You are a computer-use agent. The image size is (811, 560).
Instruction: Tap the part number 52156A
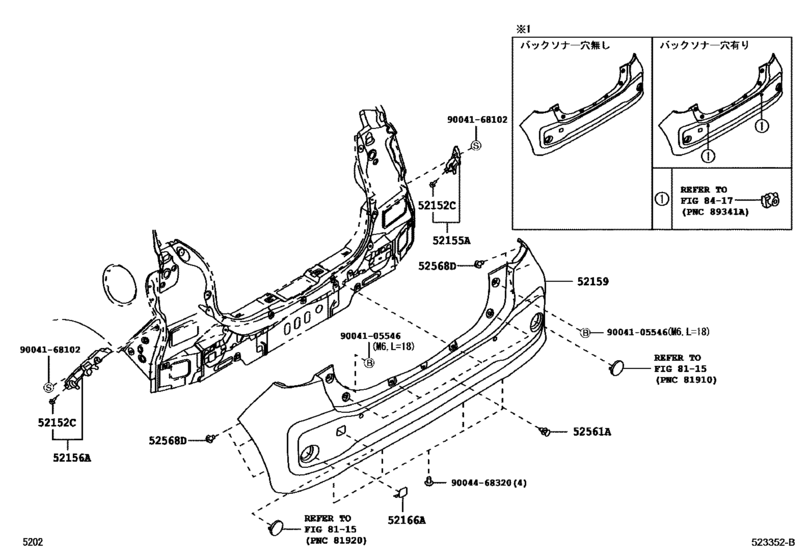[x=72, y=458]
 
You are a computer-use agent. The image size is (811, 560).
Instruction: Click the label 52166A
[x=407, y=519]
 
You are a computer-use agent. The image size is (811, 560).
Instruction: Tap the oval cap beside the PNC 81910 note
[x=617, y=370]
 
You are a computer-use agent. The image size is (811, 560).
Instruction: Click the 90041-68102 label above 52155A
[x=476, y=118]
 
